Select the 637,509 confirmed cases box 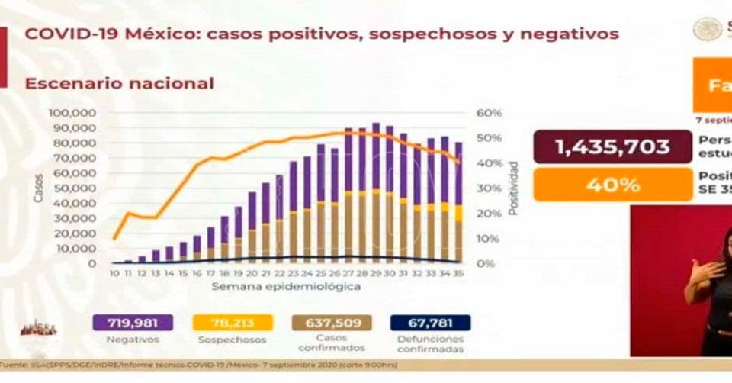point(332,323)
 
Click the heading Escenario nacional point(120,83)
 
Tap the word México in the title point(153,34)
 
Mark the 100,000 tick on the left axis point(71,113)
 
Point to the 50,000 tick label point(73,188)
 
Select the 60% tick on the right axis point(490,113)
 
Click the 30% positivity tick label point(490,188)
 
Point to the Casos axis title point(38,188)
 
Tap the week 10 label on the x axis point(114,272)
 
